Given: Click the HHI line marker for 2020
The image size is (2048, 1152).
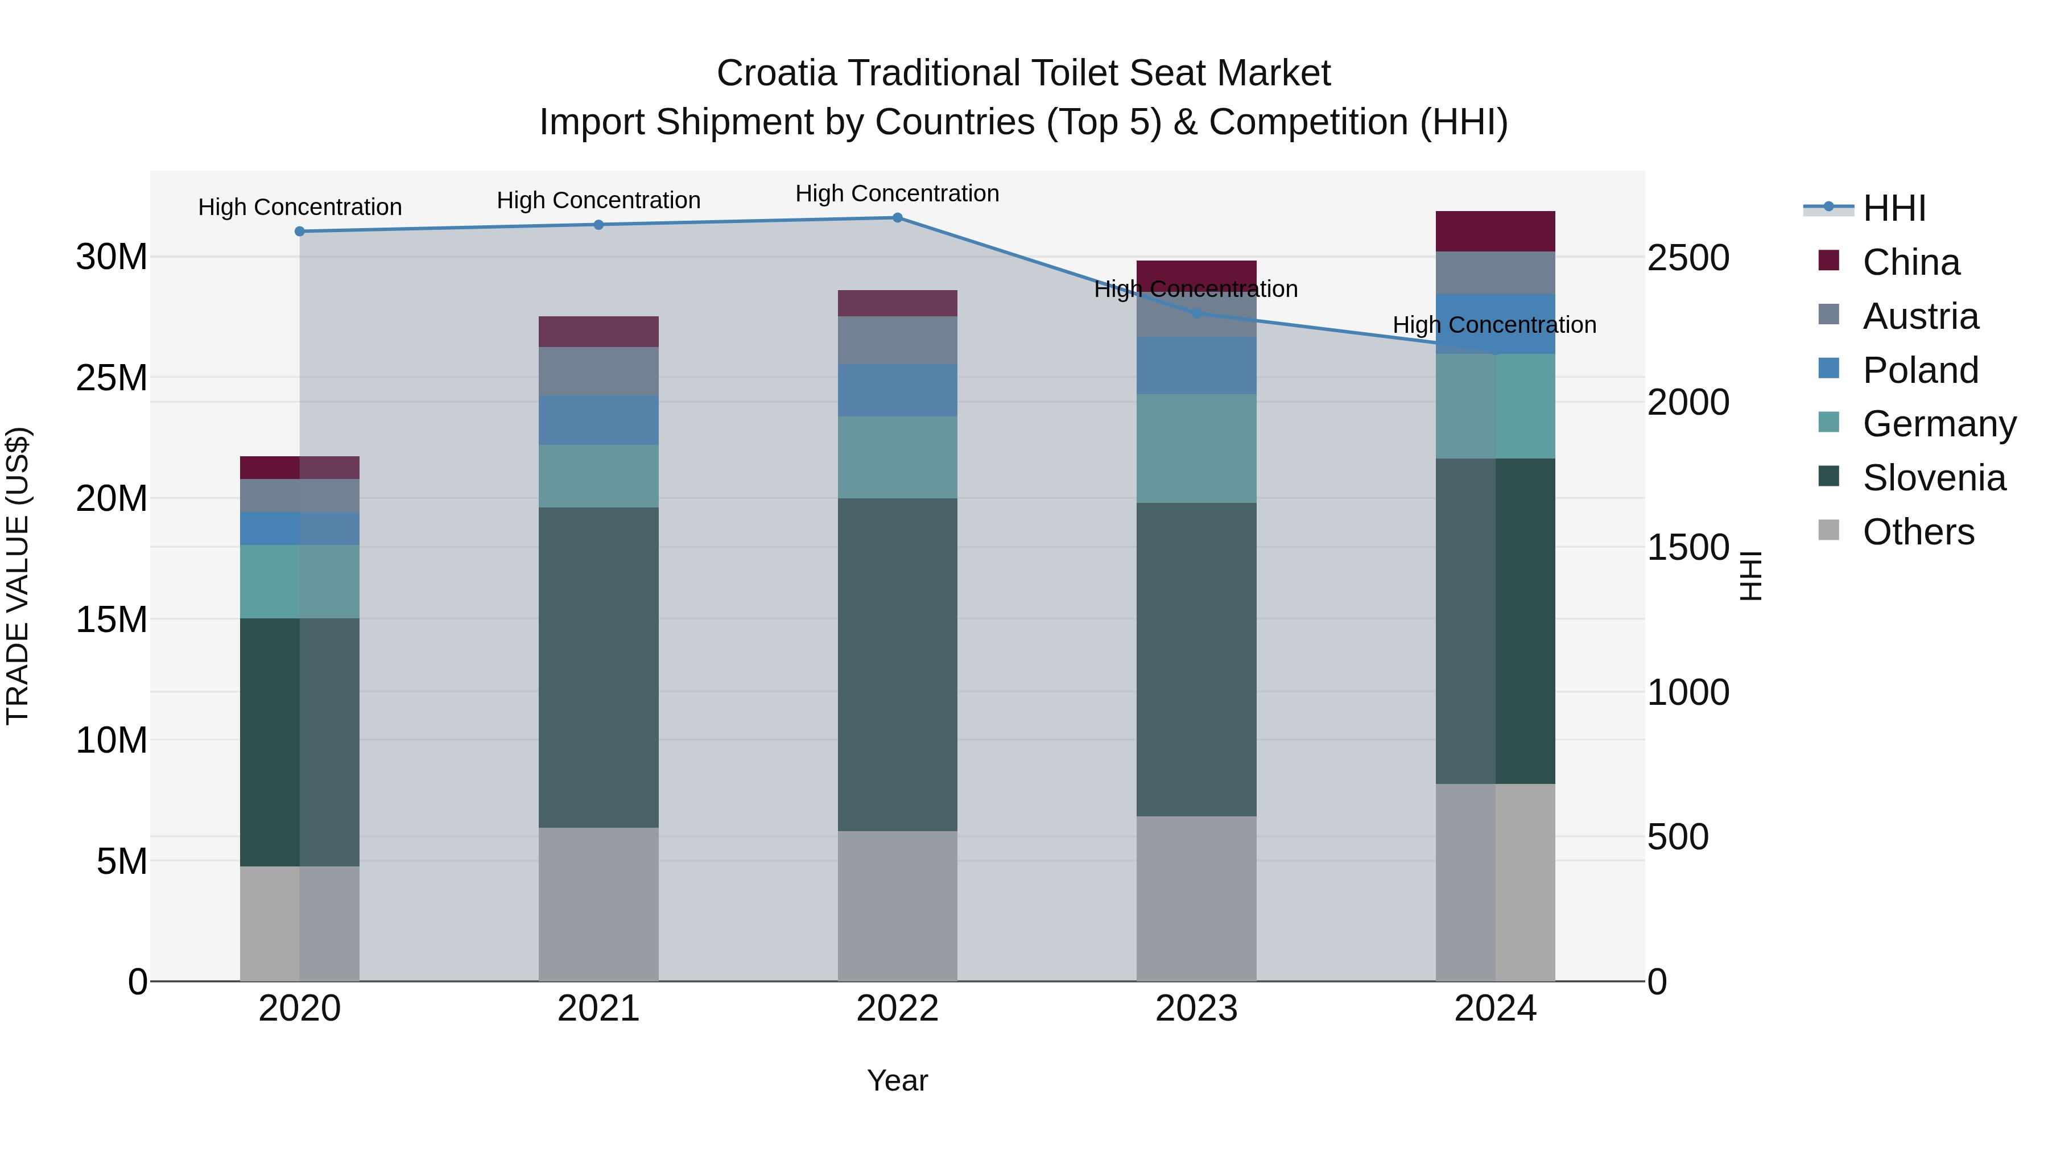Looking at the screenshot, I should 300,232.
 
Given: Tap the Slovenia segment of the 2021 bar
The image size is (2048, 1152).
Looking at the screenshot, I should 598,668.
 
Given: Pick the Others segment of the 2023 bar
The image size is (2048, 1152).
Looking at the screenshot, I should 1196,898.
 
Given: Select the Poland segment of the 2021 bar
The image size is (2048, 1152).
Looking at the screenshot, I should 598,420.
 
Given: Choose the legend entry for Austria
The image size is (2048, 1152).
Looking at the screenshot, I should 1920,316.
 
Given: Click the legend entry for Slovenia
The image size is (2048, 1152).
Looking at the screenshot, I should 1934,478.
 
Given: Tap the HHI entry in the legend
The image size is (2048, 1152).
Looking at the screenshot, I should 1894,208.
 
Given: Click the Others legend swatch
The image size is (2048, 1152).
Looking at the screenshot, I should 1828,530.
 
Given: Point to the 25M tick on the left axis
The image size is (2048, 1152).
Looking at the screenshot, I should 112,378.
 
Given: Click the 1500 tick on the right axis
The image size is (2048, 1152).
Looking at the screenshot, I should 1687,547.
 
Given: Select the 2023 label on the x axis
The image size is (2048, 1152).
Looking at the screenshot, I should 1196,1009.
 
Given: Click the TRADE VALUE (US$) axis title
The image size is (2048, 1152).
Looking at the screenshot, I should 18,576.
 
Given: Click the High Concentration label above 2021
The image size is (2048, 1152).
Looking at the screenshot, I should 598,200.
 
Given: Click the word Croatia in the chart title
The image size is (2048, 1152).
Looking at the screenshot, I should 776,73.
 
